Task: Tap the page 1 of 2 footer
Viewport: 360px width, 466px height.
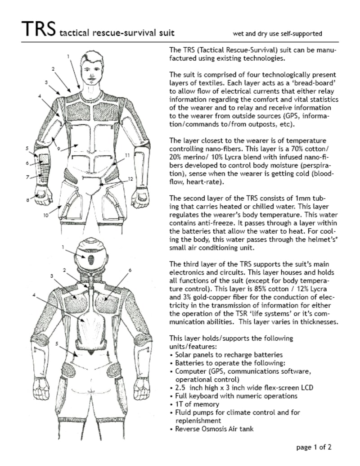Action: (314, 447)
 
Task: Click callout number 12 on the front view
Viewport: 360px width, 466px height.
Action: (130, 179)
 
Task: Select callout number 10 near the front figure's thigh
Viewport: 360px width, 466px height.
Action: (45, 216)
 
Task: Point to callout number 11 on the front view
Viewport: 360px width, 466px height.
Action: (127, 155)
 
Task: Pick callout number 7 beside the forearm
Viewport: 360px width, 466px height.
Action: (27, 177)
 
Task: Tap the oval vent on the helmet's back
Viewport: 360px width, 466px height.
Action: (91, 260)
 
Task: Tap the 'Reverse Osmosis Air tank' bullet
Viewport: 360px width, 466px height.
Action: (214, 429)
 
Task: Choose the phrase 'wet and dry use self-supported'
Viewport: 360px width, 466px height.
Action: (277, 33)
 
